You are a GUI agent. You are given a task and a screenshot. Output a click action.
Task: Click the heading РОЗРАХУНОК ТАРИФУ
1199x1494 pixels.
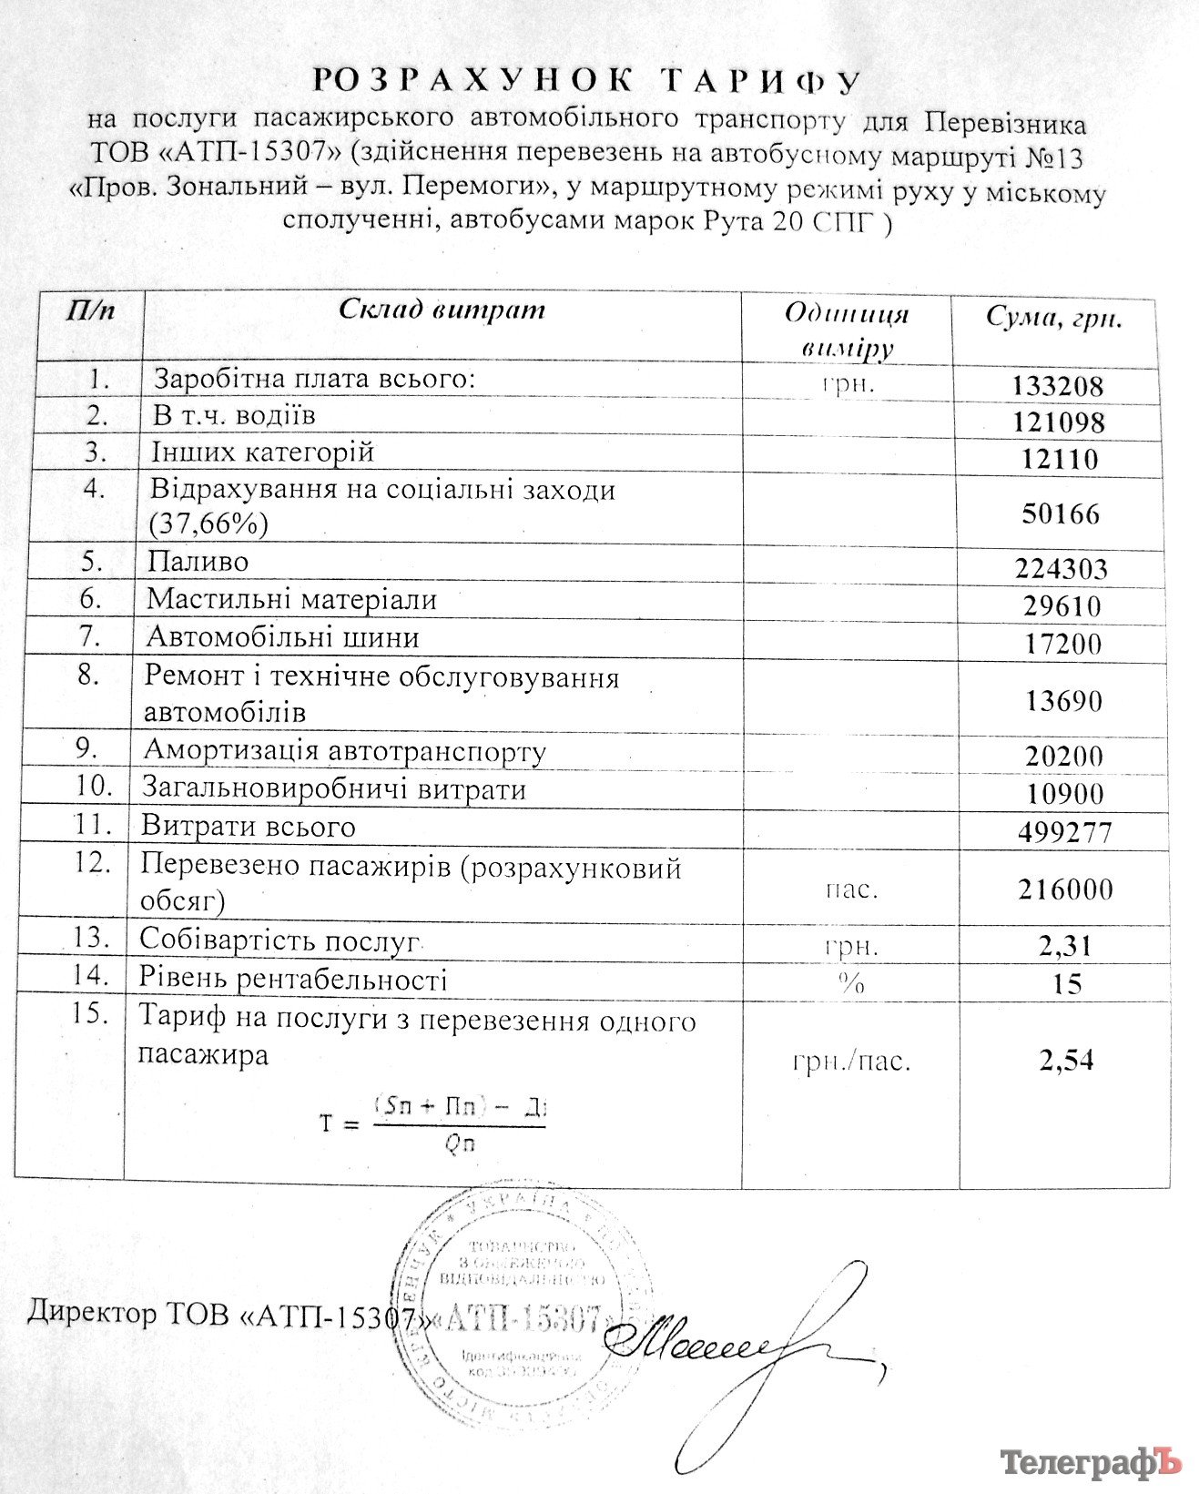tap(587, 80)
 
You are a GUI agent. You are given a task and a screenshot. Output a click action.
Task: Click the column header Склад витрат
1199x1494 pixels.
tap(442, 310)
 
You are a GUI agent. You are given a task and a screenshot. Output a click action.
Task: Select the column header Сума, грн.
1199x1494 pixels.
tap(1054, 318)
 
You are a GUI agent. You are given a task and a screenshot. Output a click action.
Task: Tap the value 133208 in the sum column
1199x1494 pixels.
tap(1057, 386)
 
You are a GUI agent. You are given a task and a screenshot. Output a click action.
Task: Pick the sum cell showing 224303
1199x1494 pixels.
tap(1061, 569)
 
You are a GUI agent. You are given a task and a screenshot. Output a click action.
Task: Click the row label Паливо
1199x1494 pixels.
tap(198, 562)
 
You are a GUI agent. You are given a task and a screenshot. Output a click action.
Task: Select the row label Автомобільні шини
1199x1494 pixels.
tap(282, 637)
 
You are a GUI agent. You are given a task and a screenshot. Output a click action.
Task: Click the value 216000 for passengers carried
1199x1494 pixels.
tap(1065, 889)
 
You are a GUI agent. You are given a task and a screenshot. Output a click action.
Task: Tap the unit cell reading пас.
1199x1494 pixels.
tap(851, 889)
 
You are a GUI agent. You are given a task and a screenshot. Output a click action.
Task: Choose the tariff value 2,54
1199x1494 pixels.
tap(1065, 1060)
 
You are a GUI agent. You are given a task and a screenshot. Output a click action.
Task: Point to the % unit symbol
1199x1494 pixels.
tap(850, 983)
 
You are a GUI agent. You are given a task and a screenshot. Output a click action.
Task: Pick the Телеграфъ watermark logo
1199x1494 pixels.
tap(1091, 1462)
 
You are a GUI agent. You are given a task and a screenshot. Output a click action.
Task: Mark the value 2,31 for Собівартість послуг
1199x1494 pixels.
tap(1064, 946)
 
